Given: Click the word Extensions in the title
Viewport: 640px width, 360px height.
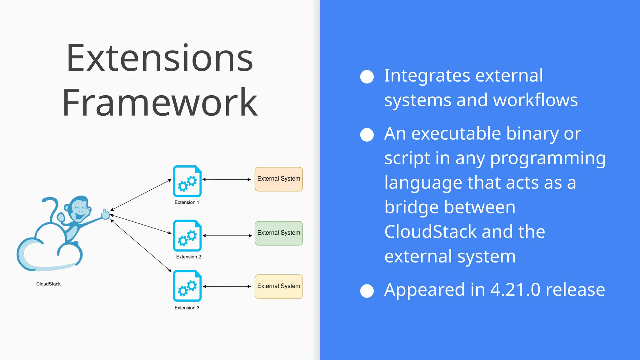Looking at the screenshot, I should click(160, 58).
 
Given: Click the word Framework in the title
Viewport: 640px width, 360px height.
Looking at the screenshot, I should click(160, 102).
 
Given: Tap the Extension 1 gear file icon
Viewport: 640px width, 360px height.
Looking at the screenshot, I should click(187, 181).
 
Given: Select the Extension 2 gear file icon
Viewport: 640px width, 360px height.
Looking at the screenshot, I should click(187, 236).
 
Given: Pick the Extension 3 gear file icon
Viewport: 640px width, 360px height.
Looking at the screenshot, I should click(187, 286).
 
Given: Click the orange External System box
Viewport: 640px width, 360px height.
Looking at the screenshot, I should click(278, 179).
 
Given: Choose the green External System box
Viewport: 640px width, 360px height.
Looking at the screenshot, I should click(278, 233).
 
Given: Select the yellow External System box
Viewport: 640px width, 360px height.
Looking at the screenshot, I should click(278, 286).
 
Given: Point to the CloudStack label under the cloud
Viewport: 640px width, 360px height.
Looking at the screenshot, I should click(48, 284).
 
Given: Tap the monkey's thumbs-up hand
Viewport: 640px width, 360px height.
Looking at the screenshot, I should click(105, 214).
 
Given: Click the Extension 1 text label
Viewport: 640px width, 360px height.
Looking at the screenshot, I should click(187, 202).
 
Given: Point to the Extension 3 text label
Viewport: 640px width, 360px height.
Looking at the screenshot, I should click(187, 307).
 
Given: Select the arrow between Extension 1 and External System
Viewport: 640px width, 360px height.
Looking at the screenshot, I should click(227, 179).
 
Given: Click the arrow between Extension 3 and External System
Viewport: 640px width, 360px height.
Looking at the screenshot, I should click(227, 286).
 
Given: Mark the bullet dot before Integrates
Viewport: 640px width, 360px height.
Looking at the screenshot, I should click(367, 77).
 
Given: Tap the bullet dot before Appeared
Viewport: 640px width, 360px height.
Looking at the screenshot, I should click(367, 291).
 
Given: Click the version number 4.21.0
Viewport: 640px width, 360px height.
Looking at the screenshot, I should click(515, 289).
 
